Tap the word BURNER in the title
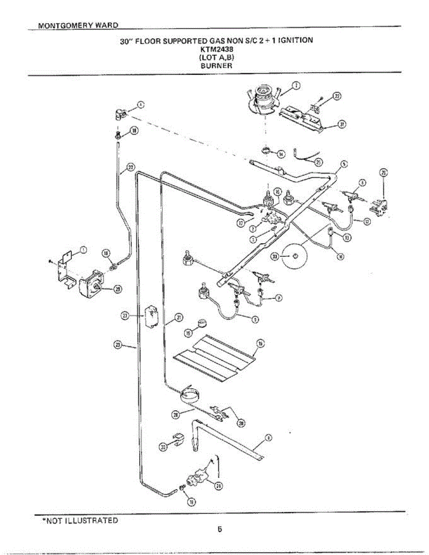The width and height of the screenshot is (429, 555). (216, 66)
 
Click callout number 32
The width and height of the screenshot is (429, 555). (337, 96)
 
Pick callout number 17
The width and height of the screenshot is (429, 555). (241, 222)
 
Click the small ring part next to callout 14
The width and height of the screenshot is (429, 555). (267, 150)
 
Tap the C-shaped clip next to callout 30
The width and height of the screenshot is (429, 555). (178, 438)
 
